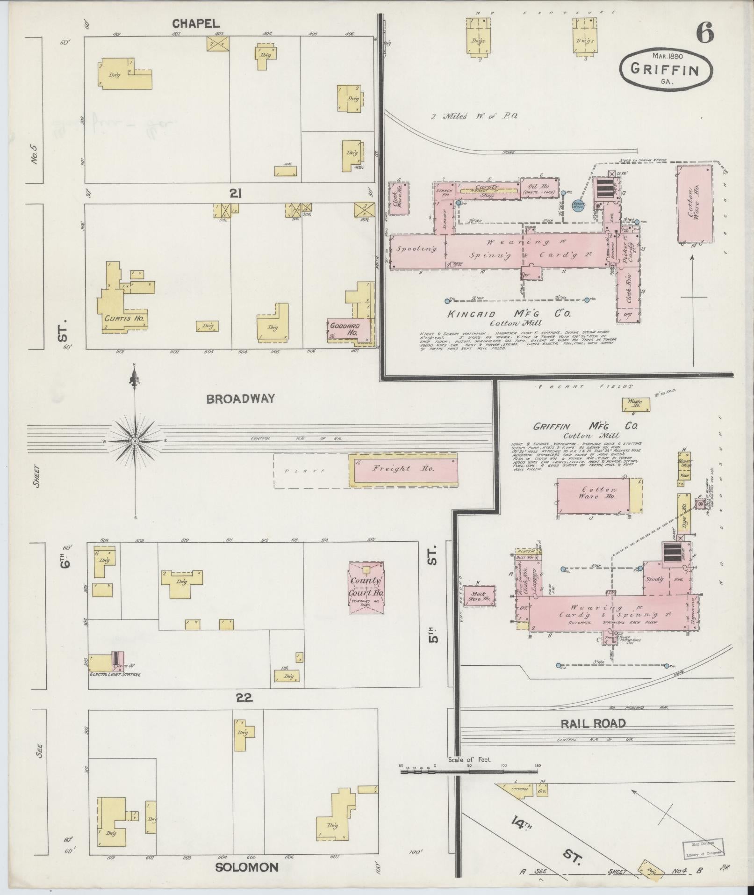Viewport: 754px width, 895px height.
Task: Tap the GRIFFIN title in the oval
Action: click(665, 70)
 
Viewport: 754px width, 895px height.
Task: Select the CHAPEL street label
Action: click(195, 23)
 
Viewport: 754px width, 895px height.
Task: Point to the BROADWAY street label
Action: click(240, 399)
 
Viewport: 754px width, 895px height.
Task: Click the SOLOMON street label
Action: click(246, 867)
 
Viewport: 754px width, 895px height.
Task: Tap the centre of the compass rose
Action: click(135, 441)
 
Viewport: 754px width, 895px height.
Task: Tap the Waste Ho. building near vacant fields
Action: click(635, 404)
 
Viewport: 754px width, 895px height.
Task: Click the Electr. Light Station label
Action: click(115, 674)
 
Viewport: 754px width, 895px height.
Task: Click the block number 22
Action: click(244, 698)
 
